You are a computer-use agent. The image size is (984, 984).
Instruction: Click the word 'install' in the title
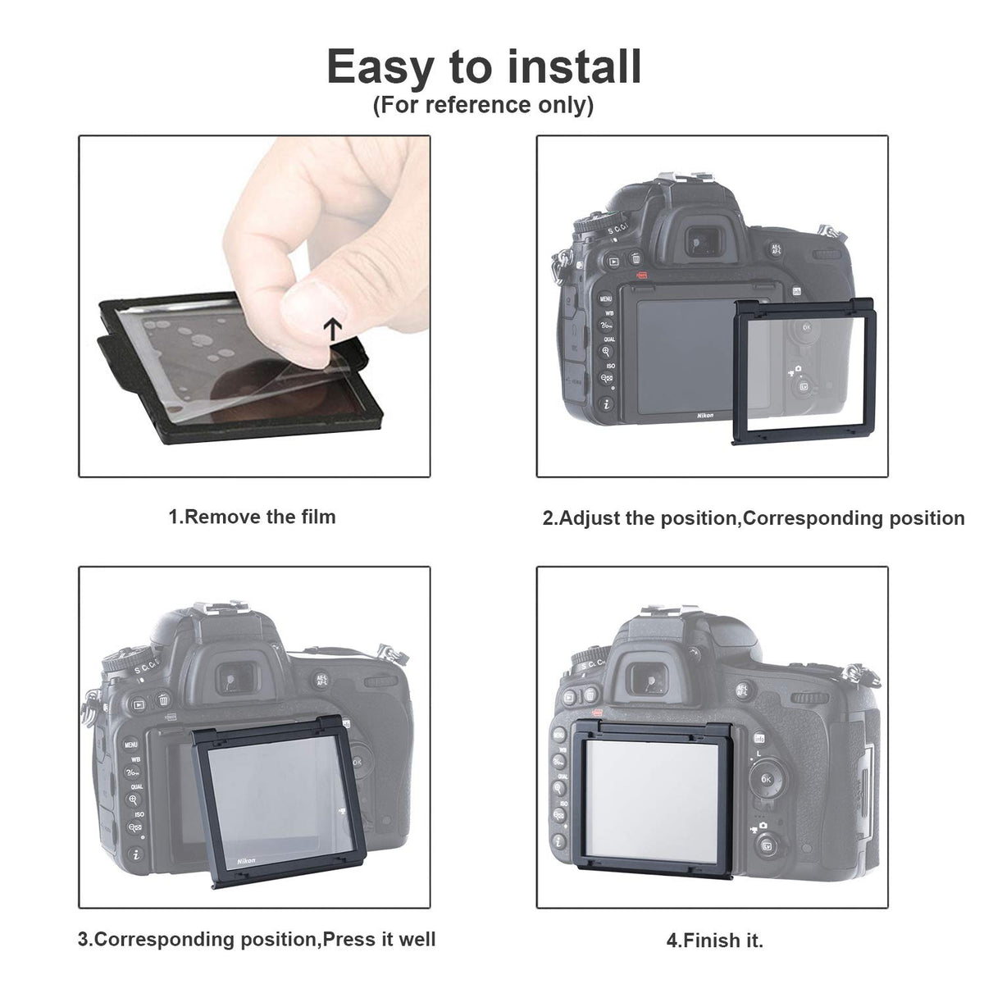[x=575, y=67]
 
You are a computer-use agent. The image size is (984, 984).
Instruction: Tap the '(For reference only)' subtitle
[x=484, y=105]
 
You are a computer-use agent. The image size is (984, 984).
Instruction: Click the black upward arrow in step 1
[x=333, y=329]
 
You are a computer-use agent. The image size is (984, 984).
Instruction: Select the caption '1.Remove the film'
[x=253, y=517]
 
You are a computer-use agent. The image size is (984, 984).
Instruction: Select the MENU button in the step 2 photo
[x=606, y=298]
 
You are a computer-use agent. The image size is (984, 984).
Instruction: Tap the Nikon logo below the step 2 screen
[x=705, y=416]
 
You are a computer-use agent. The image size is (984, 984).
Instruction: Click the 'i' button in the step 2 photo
[x=607, y=404]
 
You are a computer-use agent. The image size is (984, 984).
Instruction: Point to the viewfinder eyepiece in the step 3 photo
[x=236, y=679]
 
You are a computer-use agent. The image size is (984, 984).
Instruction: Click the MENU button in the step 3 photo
[x=130, y=745]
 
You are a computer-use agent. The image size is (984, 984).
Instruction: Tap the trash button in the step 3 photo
[x=162, y=699]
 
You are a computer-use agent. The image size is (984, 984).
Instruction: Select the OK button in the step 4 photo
[x=766, y=779]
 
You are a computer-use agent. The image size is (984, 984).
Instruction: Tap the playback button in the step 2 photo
[x=614, y=262]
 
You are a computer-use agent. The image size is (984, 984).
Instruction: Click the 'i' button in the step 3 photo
[x=136, y=854]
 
